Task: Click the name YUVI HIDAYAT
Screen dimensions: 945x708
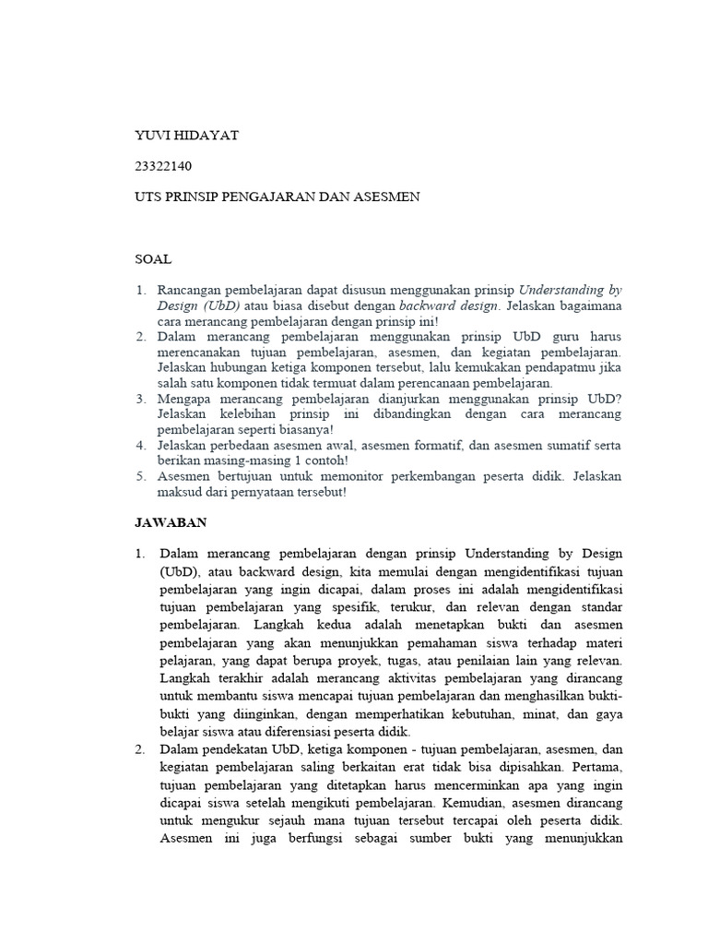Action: pyautogui.click(x=187, y=136)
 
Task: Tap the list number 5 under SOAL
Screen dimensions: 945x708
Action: pyautogui.click(x=141, y=476)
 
